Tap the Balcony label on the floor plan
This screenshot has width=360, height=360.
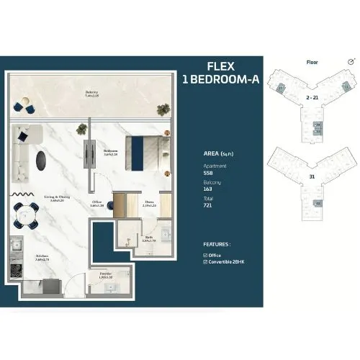(91, 91)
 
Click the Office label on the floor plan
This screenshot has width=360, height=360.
(97, 204)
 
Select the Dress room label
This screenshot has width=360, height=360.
(150, 204)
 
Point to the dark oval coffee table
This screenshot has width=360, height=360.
(45, 159)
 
